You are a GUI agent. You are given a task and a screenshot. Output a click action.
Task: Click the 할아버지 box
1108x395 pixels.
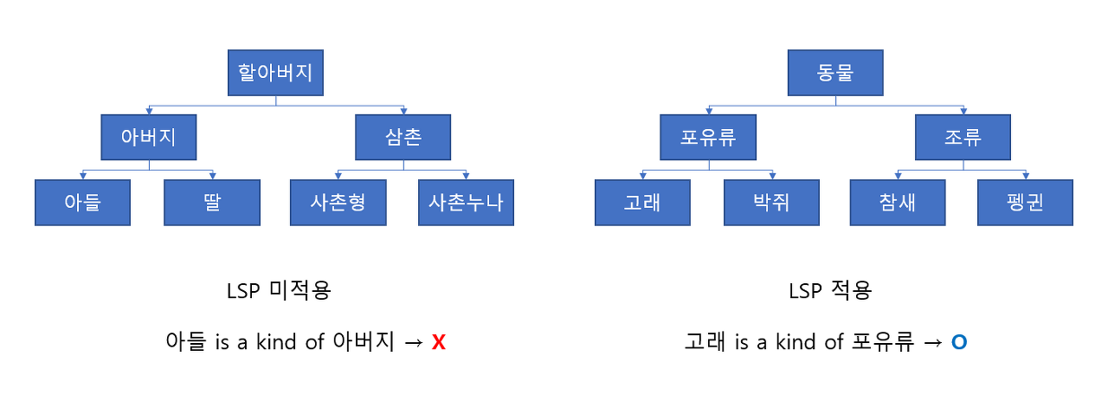click(x=275, y=73)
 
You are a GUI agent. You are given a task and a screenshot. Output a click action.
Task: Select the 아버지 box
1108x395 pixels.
click(x=148, y=137)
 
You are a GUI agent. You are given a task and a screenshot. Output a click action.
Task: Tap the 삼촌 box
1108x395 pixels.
click(x=403, y=137)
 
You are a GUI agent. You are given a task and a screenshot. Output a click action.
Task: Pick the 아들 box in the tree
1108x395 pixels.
click(x=83, y=203)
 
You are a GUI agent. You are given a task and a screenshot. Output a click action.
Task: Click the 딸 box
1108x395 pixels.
click(x=212, y=203)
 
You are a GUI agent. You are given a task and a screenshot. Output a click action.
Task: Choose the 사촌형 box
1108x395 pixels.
click(x=338, y=203)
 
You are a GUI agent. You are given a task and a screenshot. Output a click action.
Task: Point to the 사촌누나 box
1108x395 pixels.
click(x=466, y=203)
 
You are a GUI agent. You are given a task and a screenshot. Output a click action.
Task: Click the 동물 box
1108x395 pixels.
click(x=835, y=73)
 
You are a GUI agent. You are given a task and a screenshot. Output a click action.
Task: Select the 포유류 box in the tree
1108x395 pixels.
click(x=708, y=137)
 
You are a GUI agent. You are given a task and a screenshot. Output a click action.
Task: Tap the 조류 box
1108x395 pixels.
click(x=963, y=137)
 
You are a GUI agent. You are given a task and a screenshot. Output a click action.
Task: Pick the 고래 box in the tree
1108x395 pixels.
click(x=643, y=203)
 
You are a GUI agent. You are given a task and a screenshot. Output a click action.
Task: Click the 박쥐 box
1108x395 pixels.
click(x=771, y=203)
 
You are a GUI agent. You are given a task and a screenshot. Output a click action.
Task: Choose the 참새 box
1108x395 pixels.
click(x=898, y=203)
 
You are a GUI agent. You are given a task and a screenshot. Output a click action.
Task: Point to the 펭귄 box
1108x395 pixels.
click(x=1026, y=203)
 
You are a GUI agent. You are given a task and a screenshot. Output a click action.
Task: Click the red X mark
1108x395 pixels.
click(x=438, y=342)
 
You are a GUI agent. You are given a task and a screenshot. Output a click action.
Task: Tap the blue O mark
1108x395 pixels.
click(x=958, y=342)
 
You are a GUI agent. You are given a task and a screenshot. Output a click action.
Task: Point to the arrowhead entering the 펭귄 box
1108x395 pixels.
click(x=1026, y=176)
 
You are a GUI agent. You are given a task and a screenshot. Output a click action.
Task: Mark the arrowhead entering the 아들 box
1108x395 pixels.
click(x=83, y=176)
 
